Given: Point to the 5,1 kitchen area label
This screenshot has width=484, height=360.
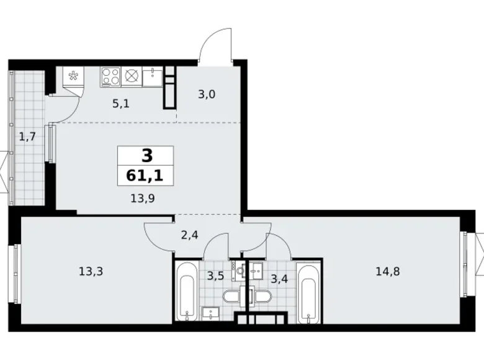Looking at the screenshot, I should tap(120, 104).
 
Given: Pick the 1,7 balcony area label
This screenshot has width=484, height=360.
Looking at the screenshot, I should tap(27, 136).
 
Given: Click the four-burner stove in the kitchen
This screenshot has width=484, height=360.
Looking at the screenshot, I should tap(110, 76).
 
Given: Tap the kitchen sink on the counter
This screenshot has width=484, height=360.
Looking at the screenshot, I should tap(152, 76).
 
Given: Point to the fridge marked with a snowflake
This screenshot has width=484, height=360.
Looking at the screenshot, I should tap(73, 77).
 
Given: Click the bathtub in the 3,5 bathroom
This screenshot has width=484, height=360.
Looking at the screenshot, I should tap(186, 290).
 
